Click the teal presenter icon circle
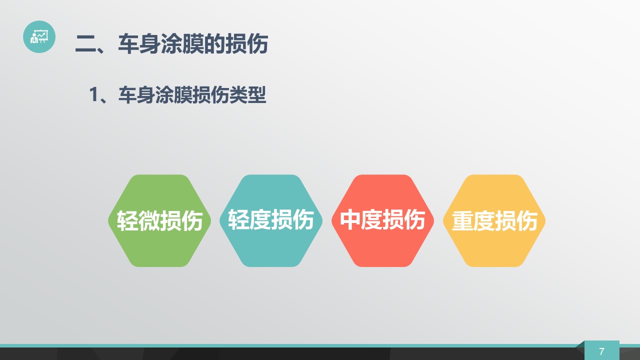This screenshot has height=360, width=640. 39,36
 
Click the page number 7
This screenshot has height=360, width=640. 601,351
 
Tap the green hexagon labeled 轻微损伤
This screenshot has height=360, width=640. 159,220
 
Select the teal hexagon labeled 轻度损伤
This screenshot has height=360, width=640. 271,220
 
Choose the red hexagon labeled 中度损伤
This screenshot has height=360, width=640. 382,220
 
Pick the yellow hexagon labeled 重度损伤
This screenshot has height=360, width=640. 494,220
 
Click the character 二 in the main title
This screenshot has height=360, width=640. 85,43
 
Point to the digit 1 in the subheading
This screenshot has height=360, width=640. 93,94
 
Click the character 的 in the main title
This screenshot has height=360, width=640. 214,43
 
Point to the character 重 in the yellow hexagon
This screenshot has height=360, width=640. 462,220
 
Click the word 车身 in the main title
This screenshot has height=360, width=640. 139,43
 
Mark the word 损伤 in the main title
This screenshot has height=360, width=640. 246,43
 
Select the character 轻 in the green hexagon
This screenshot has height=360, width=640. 127,220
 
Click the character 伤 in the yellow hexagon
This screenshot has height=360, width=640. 526,220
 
